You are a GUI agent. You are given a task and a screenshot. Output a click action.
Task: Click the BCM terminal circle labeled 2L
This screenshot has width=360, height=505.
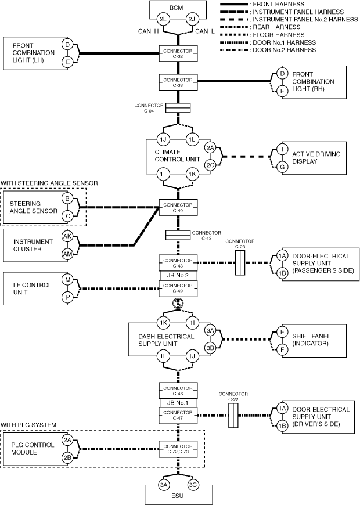click(x=163, y=20)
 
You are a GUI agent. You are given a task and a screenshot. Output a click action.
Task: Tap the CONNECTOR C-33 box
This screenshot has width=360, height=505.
click(x=178, y=82)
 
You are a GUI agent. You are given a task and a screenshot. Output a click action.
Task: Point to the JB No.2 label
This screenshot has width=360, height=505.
click(x=178, y=275)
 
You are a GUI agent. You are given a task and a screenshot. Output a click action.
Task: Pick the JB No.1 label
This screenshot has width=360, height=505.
click(x=178, y=402)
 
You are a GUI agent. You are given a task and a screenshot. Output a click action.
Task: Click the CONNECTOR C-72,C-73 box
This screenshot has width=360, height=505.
click(x=178, y=448)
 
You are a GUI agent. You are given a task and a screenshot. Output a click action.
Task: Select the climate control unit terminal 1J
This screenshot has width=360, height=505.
click(x=164, y=140)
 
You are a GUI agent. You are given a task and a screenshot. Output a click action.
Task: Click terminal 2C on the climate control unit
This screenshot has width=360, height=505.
click(x=210, y=164)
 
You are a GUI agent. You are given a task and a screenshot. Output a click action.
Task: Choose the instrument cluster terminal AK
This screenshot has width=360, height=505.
click(x=68, y=236)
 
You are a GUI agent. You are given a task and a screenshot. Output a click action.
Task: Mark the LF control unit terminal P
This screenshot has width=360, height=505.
click(x=68, y=297)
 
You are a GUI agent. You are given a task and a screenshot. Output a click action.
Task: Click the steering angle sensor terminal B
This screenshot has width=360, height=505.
click(x=68, y=199)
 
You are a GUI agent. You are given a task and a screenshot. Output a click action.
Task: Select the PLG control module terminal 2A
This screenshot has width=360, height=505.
click(x=68, y=440)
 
